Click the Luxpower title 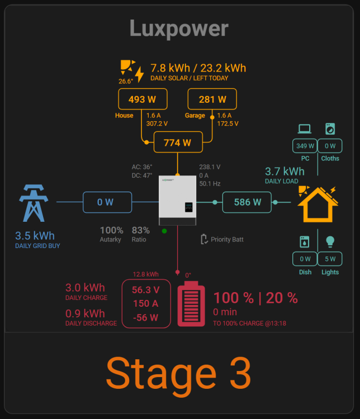coord(179,29)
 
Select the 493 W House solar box coord(143,99)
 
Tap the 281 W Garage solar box coord(212,99)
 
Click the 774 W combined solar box coord(178,142)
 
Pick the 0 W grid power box coord(107,202)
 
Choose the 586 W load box coord(247,202)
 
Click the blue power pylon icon coord(34,203)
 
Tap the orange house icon coord(318,204)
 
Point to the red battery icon coord(191,303)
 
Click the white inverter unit coord(177,200)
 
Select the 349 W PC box coord(305,146)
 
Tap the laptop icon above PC coord(305,129)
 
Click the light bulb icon coord(330,241)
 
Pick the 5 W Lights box coord(330,259)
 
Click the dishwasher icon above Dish coord(305,241)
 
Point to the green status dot coord(164,231)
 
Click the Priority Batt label coord(227,240)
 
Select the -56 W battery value coord(146,317)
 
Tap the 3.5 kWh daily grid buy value coord(35,236)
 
